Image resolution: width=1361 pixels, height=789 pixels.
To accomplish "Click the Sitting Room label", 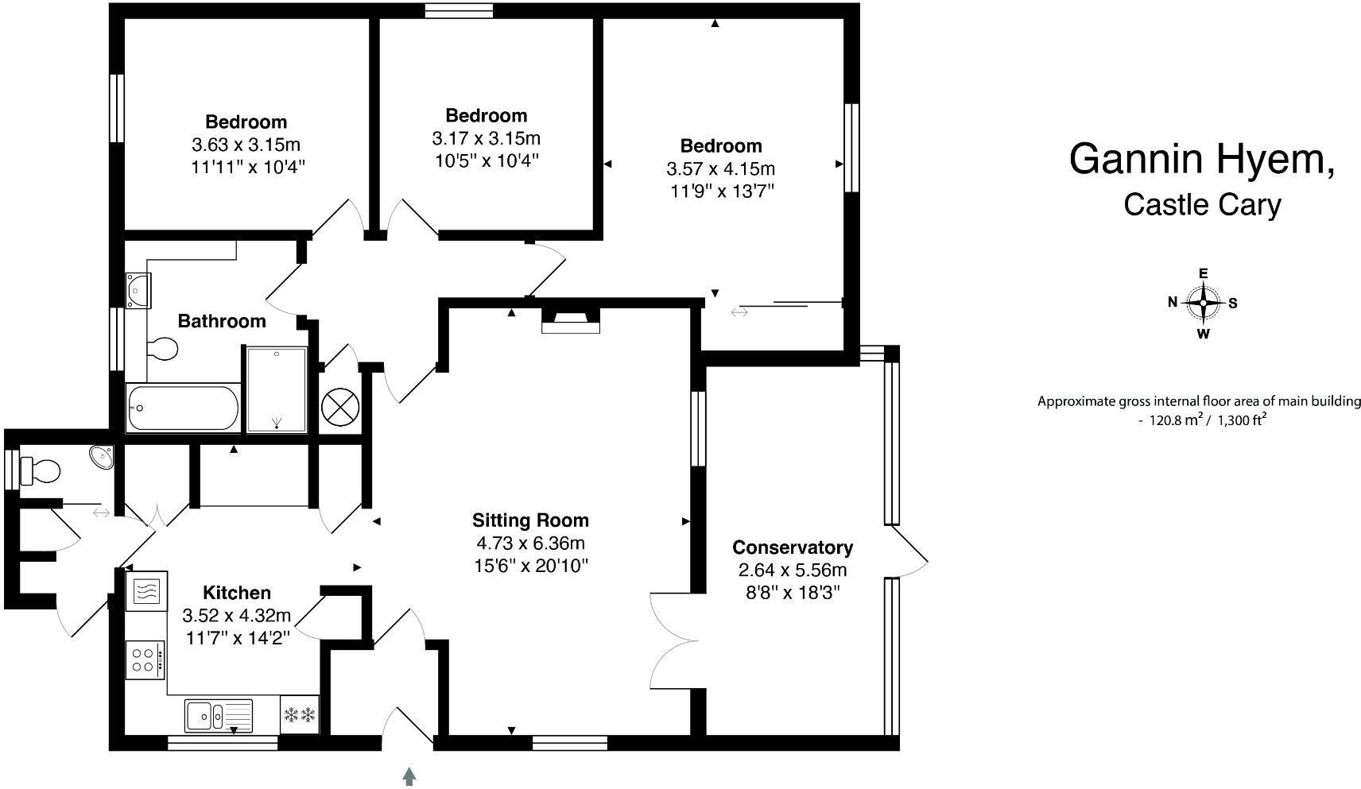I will pyautogui.click(x=530, y=520).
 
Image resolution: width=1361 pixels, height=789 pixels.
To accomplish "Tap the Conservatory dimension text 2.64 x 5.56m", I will pyautogui.click(x=792, y=570).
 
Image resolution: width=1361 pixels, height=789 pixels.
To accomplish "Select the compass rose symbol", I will pyautogui.click(x=1204, y=303).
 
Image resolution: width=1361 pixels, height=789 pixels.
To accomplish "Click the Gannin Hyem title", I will pyautogui.click(x=1201, y=159).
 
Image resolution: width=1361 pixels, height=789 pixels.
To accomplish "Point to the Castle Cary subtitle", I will pyautogui.click(x=1201, y=205).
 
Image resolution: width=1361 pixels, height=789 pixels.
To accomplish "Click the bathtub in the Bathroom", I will pyautogui.click(x=182, y=408).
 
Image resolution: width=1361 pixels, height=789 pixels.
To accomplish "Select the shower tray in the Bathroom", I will pyautogui.click(x=276, y=389).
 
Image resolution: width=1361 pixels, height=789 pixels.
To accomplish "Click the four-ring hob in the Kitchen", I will pyautogui.click(x=145, y=659).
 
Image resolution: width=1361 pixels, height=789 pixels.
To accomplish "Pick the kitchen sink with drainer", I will pyautogui.click(x=218, y=715).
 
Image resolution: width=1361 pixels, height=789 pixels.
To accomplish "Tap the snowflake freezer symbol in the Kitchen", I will pyautogui.click(x=300, y=715).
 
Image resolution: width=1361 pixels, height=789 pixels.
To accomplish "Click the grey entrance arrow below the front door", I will pyautogui.click(x=409, y=775).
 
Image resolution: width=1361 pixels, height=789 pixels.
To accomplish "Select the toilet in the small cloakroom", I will pyautogui.click(x=41, y=470).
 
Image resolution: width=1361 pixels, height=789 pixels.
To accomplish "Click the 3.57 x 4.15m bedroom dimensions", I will pyautogui.click(x=720, y=169).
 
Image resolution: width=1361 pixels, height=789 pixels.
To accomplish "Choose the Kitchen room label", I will pyautogui.click(x=237, y=593).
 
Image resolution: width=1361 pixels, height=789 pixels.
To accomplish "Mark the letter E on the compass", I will pyautogui.click(x=1204, y=273).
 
